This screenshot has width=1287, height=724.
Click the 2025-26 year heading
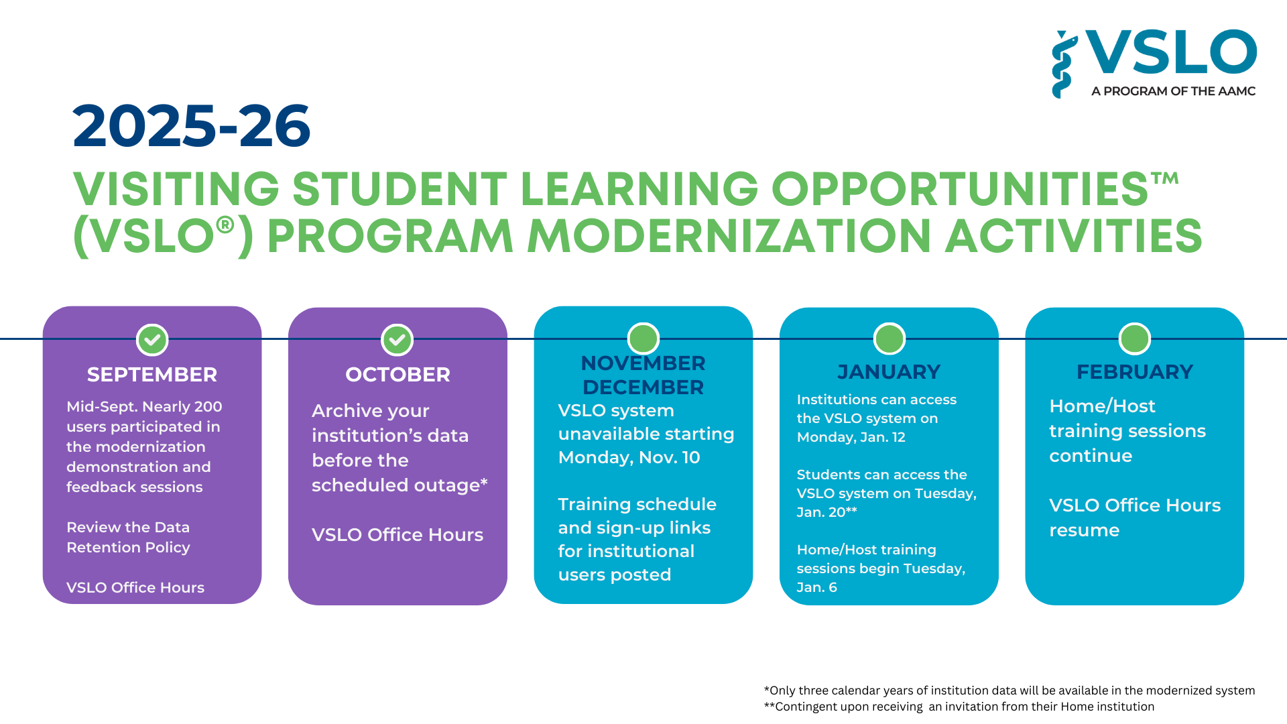coord(192,126)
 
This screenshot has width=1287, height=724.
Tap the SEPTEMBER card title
coord(152,374)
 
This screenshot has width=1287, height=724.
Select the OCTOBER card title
coord(397,374)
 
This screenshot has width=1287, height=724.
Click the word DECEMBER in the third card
coord(643,387)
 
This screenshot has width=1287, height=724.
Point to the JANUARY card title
coord(889,371)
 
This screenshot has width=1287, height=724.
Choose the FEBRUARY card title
coord(1134,371)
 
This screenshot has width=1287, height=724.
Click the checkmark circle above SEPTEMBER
coord(152,340)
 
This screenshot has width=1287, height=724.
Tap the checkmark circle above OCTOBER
coord(397,340)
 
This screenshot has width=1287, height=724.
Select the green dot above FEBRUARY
coord(1134,339)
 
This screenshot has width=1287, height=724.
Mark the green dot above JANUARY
coord(889,339)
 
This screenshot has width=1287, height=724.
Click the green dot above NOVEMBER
coord(643,339)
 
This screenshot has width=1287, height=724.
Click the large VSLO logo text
coord(1170,52)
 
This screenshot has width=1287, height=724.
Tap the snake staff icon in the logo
coord(1062,64)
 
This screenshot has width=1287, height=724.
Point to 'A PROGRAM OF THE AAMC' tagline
coord(1173,91)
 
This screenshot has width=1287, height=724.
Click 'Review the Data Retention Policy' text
coord(128,537)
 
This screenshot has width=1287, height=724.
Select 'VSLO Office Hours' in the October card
coord(397,534)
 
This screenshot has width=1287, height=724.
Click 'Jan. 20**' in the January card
coord(826,512)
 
